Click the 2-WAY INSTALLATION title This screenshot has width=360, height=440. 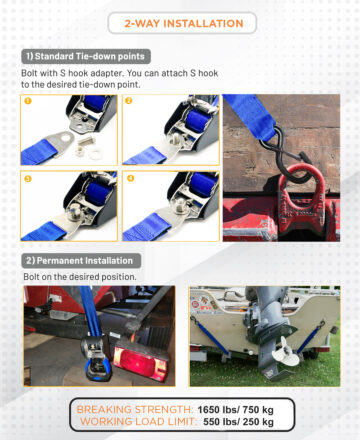coord(184,23)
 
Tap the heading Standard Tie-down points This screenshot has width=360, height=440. coord(86,56)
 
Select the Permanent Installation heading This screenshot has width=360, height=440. coord(81,261)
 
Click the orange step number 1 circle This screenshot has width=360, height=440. coord(28,101)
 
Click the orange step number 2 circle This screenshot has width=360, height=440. coord(128,101)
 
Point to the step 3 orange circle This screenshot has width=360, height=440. coord(28,179)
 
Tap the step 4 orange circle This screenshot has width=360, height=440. coord(130,178)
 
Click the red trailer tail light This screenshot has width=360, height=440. coord(140,363)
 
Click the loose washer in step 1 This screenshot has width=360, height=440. coord(96,154)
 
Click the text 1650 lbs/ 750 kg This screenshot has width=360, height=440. coord(235,410)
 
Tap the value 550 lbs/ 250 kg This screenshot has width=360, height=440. coord(238,422)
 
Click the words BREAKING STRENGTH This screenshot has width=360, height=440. coord(135,410)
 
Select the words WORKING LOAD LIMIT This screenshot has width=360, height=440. coord(138,422)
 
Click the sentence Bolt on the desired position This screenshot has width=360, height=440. coord(80,277)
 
